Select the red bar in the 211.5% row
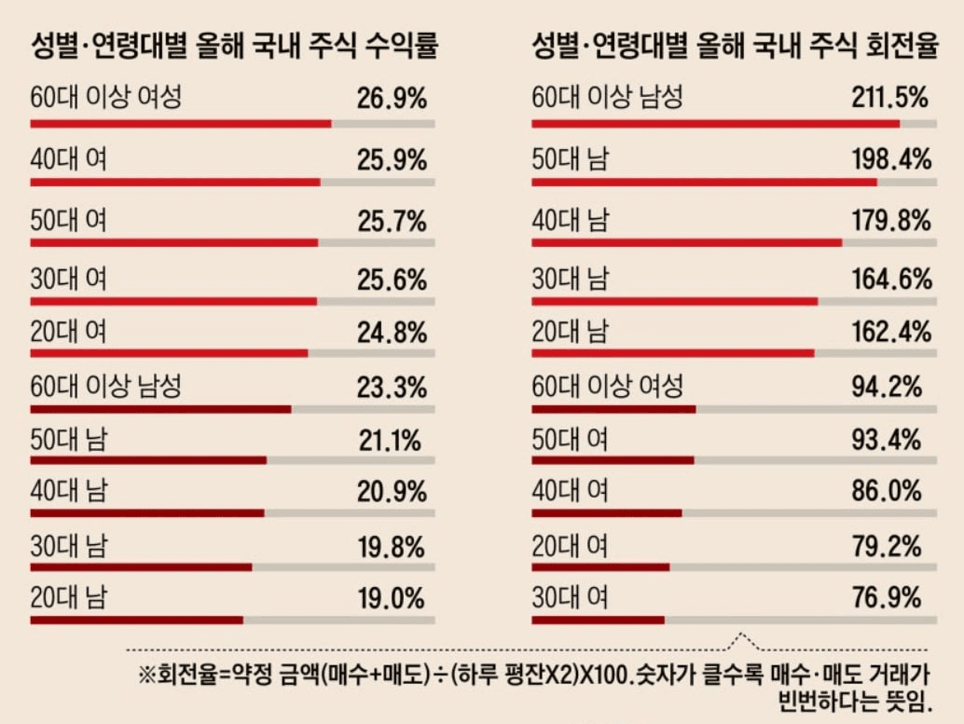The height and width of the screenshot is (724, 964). pos(715,123)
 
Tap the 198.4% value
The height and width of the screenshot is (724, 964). pos(891,159)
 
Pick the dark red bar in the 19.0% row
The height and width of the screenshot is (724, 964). pos(136,620)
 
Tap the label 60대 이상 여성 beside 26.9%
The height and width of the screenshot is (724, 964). pos(105,97)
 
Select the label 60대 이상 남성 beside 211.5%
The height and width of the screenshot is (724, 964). pos(607,97)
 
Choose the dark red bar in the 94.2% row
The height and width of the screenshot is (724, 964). pos(613,409)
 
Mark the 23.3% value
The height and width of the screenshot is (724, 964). pos(392,386)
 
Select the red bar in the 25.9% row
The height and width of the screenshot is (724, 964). pos(175,183)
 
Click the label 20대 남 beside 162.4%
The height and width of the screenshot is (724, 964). pos(570,332)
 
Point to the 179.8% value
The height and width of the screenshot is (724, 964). pos(891,221)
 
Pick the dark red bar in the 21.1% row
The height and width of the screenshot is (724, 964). pos(148,459)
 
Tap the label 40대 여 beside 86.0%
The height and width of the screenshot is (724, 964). pos(570,490)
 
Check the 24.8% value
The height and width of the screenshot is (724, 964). pos(392,332)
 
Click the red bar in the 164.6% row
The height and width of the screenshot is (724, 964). pos(675,301)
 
